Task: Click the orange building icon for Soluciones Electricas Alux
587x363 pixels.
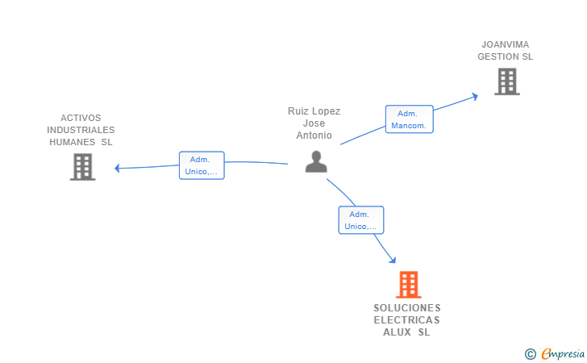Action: point(409,285)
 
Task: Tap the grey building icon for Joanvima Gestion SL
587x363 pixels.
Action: point(506,81)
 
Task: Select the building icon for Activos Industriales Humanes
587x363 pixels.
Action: point(82,166)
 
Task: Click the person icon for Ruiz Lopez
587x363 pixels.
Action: point(316,161)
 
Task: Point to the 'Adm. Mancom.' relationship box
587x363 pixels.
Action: point(410,119)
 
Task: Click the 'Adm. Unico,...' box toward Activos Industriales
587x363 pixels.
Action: point(202,165)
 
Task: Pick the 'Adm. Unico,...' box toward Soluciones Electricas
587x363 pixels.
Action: point(361,220)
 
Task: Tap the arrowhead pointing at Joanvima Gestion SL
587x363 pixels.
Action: point(475,96)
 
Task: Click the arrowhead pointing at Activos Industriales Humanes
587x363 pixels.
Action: point(118,169)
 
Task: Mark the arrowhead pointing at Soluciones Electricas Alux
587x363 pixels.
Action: point(393,260)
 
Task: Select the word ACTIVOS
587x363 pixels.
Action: point(81,118)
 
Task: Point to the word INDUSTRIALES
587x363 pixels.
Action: point(81,130)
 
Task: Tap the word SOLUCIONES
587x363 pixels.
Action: point(407,308)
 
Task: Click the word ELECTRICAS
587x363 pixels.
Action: point(407,320)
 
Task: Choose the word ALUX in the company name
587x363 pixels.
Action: point(397,332)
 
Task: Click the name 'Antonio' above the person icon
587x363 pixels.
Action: point(314,136)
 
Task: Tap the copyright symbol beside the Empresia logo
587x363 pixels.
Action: point(530,353)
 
